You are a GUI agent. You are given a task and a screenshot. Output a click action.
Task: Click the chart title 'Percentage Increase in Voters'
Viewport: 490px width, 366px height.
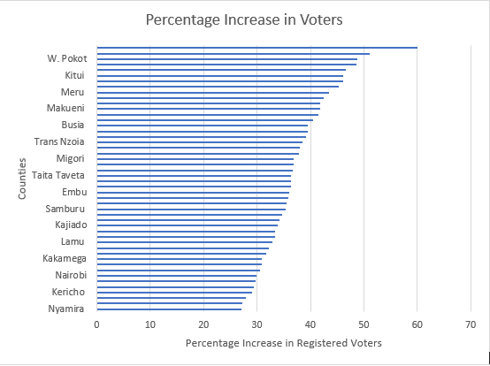(245, 19)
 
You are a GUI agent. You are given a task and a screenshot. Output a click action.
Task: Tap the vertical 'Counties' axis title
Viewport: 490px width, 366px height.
(22, 179)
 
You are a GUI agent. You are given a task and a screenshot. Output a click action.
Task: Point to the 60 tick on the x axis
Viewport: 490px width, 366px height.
(417, 324)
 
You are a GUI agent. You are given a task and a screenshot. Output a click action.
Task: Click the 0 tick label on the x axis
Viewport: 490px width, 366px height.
(97, 324)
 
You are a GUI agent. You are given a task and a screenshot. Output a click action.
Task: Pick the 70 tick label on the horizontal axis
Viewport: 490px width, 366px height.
(470, 324)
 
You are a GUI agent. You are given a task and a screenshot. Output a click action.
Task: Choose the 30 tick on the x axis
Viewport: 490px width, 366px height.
(256, 324)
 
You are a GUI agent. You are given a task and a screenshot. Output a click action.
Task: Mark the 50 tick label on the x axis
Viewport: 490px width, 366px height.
(364, 324)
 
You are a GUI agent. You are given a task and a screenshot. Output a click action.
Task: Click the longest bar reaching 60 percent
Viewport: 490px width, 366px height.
(256, 48)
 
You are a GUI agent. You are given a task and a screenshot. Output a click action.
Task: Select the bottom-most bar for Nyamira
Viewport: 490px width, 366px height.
(168, 309)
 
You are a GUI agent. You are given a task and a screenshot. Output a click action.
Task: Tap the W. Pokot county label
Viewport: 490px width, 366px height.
(66, 58)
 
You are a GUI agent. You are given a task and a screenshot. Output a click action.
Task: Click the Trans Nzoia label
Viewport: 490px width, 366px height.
(59, 141)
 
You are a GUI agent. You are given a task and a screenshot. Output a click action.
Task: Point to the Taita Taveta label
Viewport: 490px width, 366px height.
(58, 175)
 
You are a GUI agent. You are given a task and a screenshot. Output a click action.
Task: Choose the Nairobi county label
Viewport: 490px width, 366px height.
(70, 275)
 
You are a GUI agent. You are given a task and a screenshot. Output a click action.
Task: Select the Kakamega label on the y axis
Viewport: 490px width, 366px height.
(64, 258)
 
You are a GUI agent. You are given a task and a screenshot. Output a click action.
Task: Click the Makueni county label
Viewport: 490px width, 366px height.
(65, 108)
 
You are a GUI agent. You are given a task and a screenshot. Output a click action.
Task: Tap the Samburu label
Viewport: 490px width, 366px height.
(65, 209)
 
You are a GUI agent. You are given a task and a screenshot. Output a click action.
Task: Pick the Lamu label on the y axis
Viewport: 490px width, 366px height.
(73, 241)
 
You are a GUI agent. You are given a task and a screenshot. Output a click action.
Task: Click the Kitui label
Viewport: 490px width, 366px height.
(73, 75)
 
